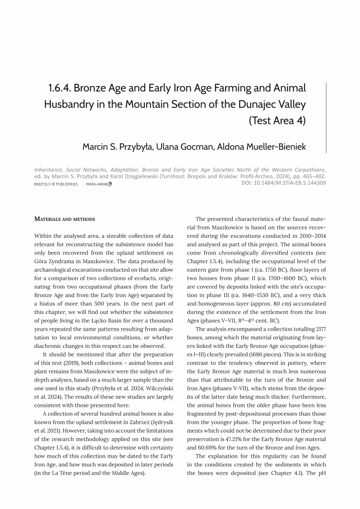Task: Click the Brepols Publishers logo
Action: (x=56, y=184)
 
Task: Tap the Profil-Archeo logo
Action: (x=99, y=184)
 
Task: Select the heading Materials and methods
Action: (x=65, y=219)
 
